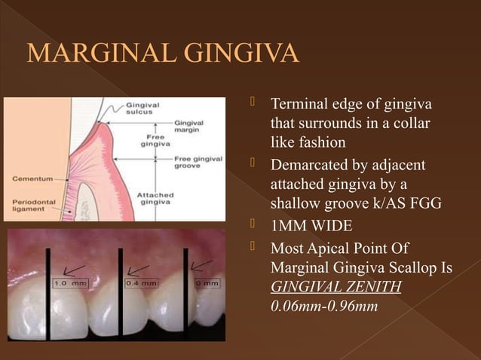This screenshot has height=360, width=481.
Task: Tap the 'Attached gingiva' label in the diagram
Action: tap(156, 198)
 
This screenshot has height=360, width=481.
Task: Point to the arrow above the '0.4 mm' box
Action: tap(137, 268)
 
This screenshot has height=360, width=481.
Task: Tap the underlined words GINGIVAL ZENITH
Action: tap(335, 286)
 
